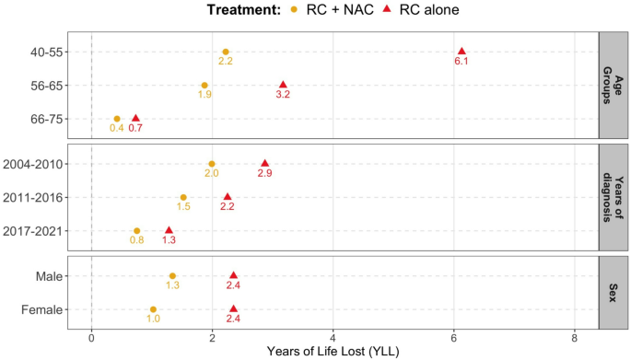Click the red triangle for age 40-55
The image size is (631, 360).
(x=462, y=52)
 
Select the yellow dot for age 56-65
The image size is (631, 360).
(x=204, y=86)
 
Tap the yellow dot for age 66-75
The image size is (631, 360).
(x=117, y=119)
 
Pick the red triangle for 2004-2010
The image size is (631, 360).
(x=265, y=164)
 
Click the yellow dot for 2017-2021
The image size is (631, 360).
(x=137, y=231)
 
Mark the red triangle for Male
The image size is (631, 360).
(x=233, y=275)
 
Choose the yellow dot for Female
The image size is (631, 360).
(x=153, y=309)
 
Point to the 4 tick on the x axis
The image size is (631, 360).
(x=333, y=337)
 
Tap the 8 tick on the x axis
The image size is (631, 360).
(x=574, y=337)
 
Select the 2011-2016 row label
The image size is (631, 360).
(x=31, y=197)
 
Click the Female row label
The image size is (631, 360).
(x=41, y=309)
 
